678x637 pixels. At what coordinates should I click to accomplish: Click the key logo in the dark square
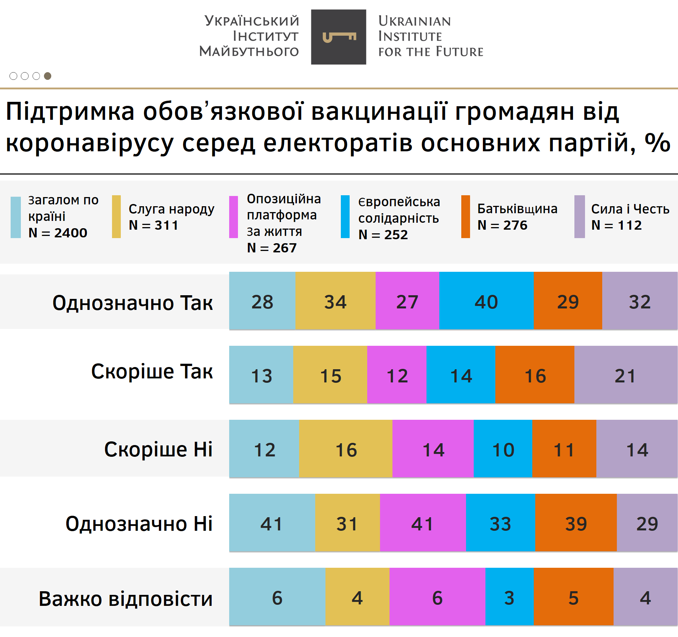coord(339,37)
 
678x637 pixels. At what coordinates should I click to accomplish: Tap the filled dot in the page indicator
coord(48,76)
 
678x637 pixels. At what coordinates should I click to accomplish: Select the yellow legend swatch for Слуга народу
coord(116,216)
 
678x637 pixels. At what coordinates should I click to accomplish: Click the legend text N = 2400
coord(58,233)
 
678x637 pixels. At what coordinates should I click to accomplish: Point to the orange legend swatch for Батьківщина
coord(465,216)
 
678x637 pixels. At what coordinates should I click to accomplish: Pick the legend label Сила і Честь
coord(630,209)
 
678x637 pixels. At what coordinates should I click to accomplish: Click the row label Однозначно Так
coord(133,303)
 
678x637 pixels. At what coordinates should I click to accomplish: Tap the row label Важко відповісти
coord(126,599)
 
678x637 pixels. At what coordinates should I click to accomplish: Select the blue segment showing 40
coord(486,301)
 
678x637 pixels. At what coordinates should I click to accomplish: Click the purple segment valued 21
coord(626,375)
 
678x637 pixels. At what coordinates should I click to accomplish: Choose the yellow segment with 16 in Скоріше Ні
coord(346,449)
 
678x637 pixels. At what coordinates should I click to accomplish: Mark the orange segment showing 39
coord(575,523)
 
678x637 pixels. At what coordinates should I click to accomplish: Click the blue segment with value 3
coord(509,597)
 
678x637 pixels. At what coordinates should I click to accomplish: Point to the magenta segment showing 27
coord(407,301)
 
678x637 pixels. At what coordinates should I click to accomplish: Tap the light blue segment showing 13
coord(261,375)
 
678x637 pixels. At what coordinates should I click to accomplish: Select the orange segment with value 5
coord(573,597)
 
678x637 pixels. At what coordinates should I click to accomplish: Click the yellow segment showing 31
coord(347,523)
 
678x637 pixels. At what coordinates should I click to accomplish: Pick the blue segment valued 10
coord(503,449)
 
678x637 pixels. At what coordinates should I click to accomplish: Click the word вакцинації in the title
coord(379,111)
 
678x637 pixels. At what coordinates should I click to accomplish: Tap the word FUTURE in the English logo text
coord(460,52)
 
